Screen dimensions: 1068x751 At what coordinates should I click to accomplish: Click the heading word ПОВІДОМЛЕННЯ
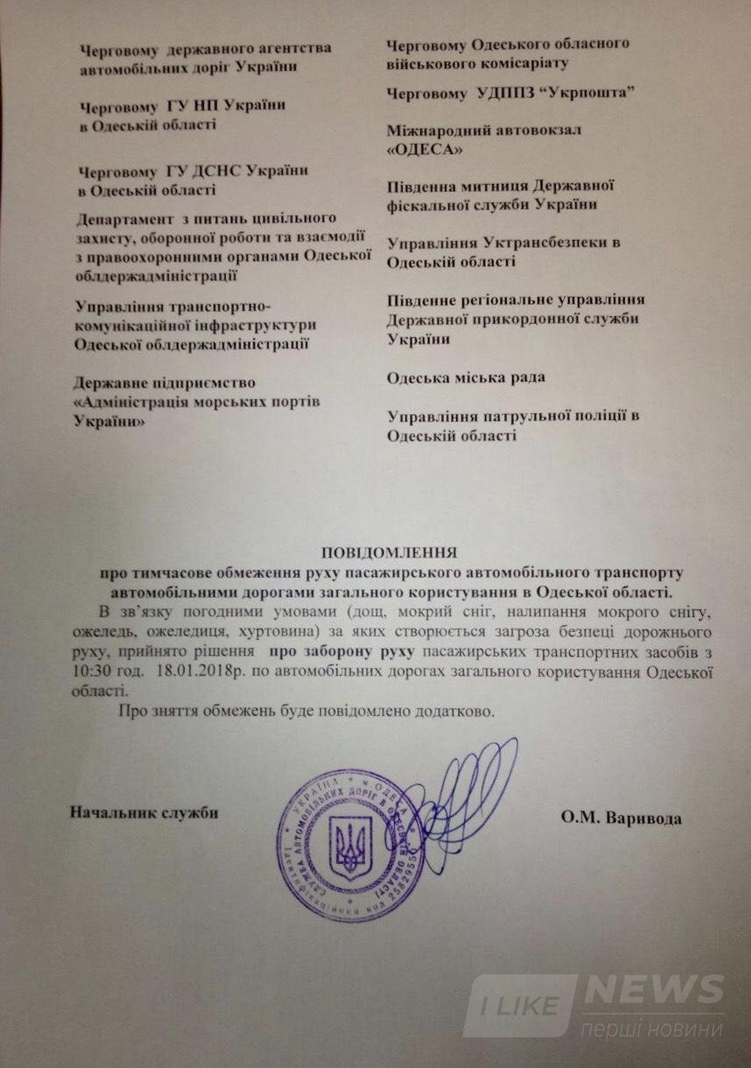(390, 553)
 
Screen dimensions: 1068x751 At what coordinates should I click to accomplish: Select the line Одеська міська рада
(467, 377)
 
